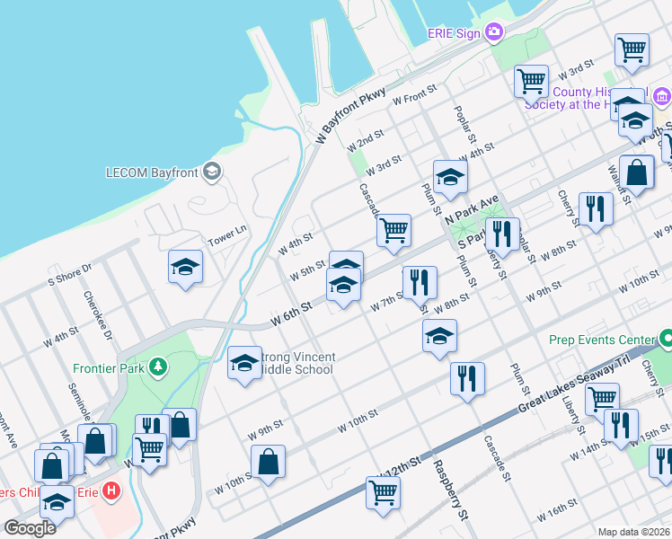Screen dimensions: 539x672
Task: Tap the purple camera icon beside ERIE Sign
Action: tap(493, 33)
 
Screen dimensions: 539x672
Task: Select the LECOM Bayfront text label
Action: tap(152, 172)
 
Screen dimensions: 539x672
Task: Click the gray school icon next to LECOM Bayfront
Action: tap(212, 172)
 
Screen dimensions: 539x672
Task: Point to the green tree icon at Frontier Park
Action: tap(158, 366)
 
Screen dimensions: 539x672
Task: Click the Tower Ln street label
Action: tap(226, 236)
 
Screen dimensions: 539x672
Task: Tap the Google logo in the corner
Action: tap(30, 528)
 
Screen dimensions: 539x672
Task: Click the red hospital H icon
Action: tap(111, 491)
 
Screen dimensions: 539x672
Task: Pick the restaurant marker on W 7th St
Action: tap(419, 282)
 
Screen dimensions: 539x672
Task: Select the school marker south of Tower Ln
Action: tap(186, 267)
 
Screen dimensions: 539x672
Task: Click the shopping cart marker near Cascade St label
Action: tap(393, 230)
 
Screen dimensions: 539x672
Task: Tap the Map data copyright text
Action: tap(633, 532)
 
